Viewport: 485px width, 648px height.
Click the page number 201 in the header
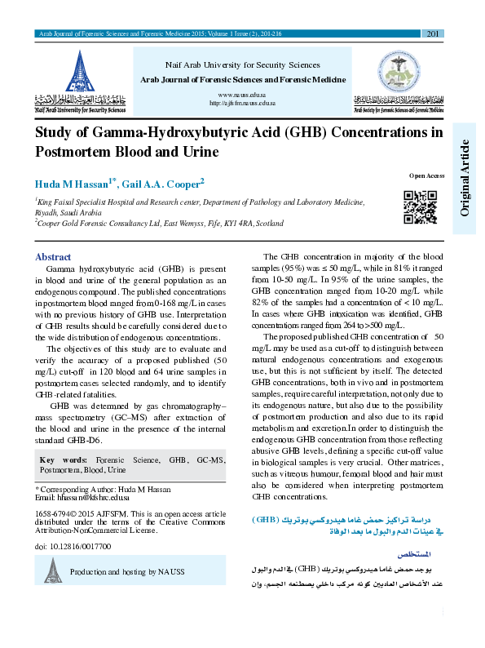[x=433, y=33]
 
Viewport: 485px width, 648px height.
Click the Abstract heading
[x=54, y=256]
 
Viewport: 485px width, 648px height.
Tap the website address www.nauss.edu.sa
[x=243, y=95]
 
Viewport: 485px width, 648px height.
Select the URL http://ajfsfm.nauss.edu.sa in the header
[x=243, y=104]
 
